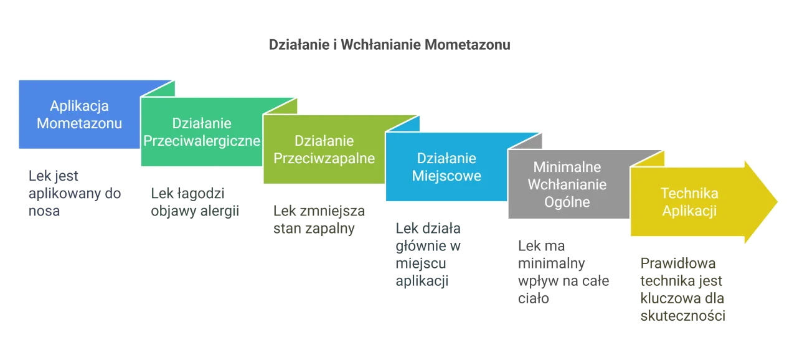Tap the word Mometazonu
pos(79,123)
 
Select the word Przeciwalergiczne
pos(202,140)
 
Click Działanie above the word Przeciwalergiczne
pos(202,123)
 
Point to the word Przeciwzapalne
pos(324,158)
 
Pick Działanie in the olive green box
pos(324,140)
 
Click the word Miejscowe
pos(446,176)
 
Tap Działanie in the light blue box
pos(446,158)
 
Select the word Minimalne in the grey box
pos(567,167)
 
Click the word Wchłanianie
pos(567,184)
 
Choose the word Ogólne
pos(567,202)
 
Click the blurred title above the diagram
pos(390,44)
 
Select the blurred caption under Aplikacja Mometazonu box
pos(73,194)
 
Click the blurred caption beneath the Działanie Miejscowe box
pos(428,255)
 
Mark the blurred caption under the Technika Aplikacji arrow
pos(682,290)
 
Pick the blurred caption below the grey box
pos(565,272)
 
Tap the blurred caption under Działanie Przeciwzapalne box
pos(319,220)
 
